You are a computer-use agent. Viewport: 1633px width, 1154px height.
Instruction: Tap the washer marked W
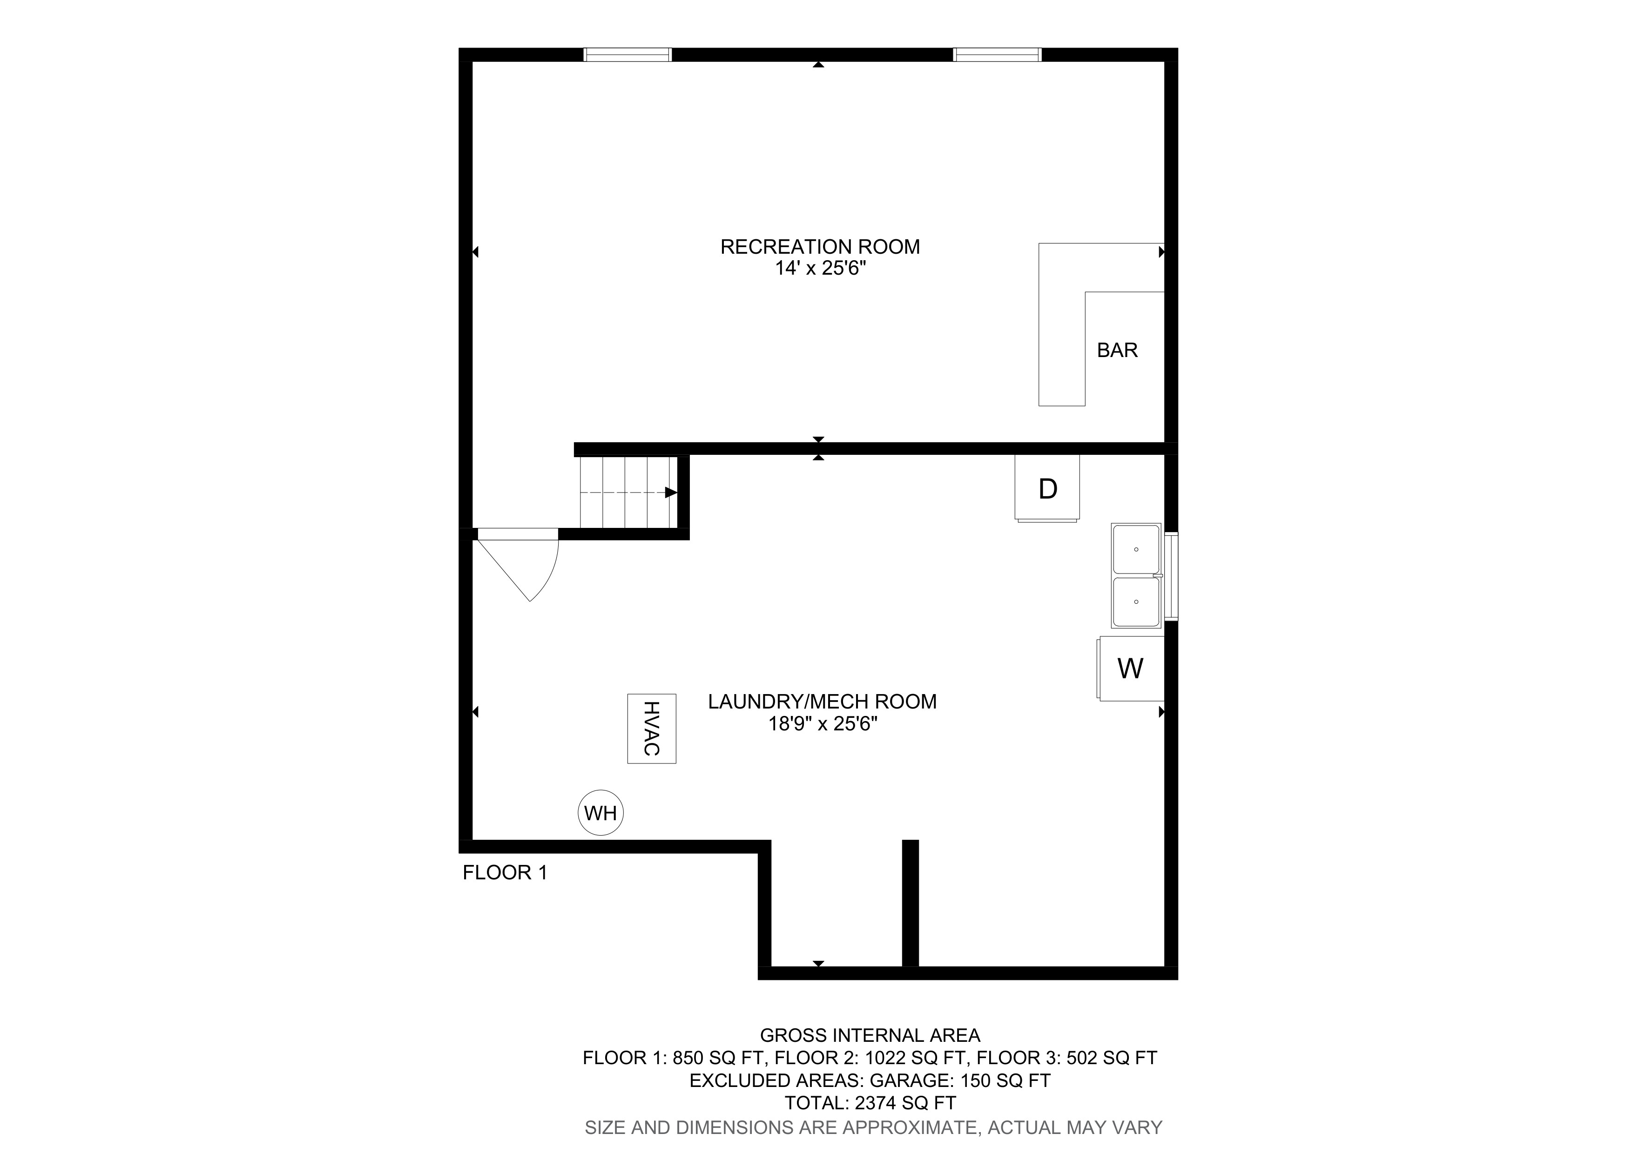point(1131,668)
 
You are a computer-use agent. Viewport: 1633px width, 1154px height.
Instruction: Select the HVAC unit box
point(652,729)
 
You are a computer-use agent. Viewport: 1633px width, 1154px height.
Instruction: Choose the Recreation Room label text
point(820,247)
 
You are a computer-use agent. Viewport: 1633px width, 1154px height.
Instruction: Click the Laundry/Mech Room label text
point(822,702)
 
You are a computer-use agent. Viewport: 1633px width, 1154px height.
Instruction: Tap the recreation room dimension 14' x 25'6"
point(821,269)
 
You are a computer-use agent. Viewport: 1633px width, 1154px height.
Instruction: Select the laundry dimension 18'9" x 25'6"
point(822,724)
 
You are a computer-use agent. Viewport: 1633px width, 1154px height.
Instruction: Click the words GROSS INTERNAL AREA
point(870,1035)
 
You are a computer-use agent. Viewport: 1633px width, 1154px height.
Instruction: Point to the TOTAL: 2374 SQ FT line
point(870,1103)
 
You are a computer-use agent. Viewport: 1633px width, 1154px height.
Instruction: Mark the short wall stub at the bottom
point(911,903)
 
